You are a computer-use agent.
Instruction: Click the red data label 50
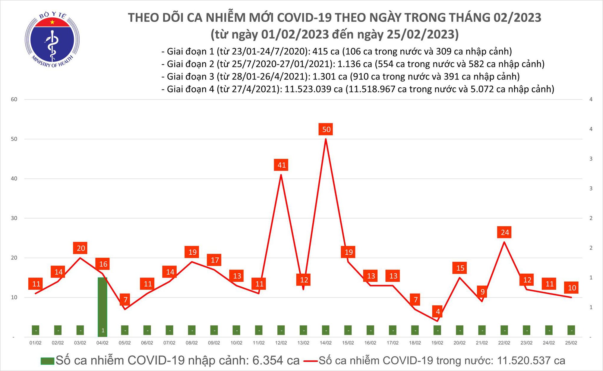click(326, 130)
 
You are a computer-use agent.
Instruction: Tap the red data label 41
click(282, 165)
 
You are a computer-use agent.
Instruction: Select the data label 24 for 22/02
click(505, 232)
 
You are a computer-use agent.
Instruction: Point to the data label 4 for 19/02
click(438, 312)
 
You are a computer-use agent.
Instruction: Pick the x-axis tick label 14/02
click(326, 343)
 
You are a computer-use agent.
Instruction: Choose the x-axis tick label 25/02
click(571, 343)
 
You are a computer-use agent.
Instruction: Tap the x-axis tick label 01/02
click(36, 343)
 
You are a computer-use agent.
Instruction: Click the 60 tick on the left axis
click(14, 99)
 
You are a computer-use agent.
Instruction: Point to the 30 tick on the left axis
click(14, 218)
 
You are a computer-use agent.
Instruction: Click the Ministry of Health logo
click(52, 40)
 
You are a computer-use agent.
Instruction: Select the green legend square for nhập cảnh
click(47, 361)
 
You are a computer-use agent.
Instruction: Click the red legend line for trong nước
click(311, 361)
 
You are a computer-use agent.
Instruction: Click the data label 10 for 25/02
click(572, 288)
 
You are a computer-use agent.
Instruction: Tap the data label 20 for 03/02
click(81, 248)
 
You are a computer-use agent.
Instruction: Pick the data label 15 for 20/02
click(460, 268)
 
